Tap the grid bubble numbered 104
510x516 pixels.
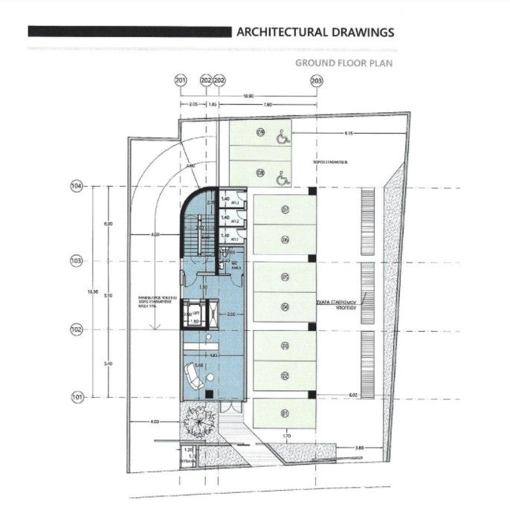(76, 187)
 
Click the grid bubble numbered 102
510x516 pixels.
(76, 329)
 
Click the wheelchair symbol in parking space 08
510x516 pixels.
(282, 178)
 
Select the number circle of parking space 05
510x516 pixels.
(284, 277)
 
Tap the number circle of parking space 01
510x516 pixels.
(284, 413)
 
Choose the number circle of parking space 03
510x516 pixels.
(284, 345)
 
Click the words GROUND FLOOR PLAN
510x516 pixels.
(344, 63)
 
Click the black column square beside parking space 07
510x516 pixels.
(313, 192)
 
